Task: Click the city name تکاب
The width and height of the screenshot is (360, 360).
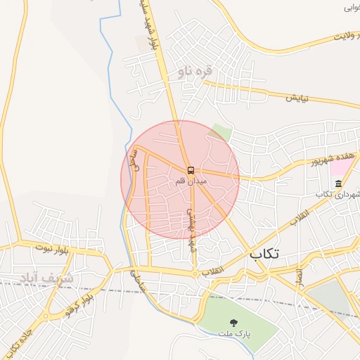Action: click(x=264, y=255)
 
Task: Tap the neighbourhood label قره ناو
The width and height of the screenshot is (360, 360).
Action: click(x=195, y=71)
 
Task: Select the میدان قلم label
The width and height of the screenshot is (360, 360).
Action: click(x=192, y=182)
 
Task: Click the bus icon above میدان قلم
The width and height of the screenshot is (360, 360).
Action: click(x=191, y=171)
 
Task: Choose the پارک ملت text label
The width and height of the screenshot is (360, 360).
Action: click(x=234, y=332)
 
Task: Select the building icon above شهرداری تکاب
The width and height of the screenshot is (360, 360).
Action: click(x=338, y=184)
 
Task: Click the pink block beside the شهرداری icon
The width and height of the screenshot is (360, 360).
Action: click(x=342, y=167)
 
